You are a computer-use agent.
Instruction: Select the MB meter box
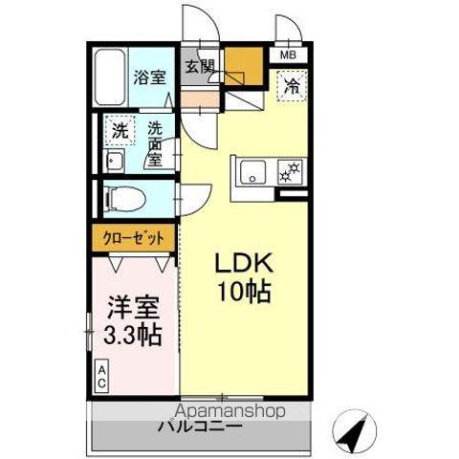point(288,55)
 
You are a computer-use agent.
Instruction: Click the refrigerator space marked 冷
point(292,86)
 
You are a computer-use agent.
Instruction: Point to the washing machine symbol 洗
point(119,129)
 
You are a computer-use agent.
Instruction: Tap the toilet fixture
point(125,198)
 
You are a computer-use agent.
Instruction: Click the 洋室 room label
point(130,309)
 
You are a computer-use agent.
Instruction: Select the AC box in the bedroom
point(100,376)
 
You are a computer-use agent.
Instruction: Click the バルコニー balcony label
point(200,426)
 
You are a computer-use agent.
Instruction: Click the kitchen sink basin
point(254,173)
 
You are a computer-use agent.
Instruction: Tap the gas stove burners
point(289,173)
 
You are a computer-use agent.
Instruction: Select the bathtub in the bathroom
point(108,79)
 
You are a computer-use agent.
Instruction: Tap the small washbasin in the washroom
point(114,159)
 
